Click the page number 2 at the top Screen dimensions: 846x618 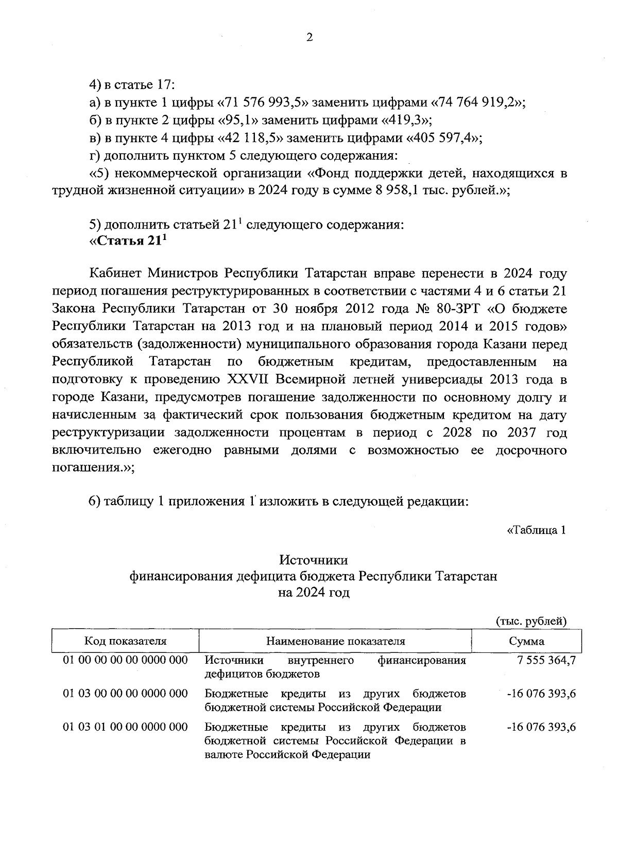point(310,37)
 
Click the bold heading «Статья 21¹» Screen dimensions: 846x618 point(129,242)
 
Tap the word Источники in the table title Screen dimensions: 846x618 point(314,560)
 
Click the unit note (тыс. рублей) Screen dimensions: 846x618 point(530,621)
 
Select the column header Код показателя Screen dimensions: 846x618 point(125,641)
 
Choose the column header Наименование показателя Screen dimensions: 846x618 point(335,641)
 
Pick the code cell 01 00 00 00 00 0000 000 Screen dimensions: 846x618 point(125,660)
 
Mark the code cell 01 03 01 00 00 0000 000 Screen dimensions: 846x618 point(125,727)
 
